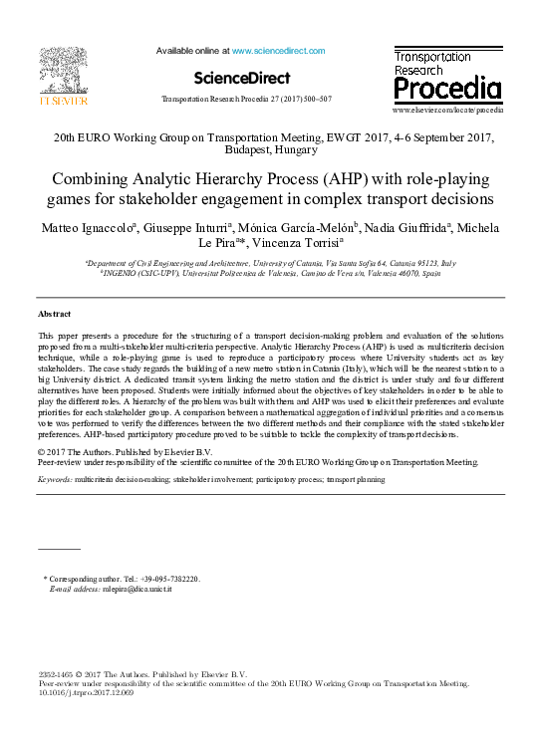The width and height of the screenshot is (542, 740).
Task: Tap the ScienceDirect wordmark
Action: click(x=242, y=77)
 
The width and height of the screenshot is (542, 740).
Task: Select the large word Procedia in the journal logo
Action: click(x=447, y=89)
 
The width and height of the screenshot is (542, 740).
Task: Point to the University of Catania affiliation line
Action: click(x=271, y=264)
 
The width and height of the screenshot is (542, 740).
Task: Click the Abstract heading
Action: click(x=54, y=314)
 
